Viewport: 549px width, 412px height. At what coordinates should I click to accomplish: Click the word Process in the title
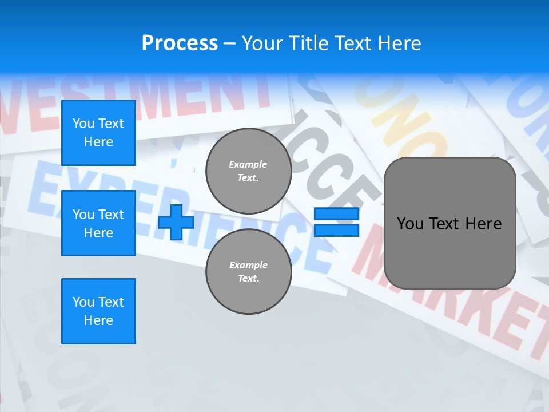click(x=180, y=43)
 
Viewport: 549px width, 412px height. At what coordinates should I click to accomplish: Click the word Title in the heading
click(x=309, y=43)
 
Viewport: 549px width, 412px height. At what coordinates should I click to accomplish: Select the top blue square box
click(x=98, y=133)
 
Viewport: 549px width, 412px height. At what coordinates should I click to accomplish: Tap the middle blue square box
click(x=98, y=223)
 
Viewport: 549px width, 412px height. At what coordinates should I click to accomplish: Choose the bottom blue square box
click(x=98, y=311)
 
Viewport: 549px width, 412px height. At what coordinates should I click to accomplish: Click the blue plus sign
click(x=176, y=222)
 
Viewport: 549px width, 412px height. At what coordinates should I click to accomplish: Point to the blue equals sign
click(x=336, y=222)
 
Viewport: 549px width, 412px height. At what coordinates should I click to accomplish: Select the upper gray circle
click(x=249, y=171)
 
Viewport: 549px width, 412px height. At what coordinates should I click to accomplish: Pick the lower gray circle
click(x=249, y=272)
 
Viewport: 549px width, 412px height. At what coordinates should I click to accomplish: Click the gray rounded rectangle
click(x=450, y=223)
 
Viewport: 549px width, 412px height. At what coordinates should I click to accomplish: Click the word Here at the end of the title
click(x=400, y=43)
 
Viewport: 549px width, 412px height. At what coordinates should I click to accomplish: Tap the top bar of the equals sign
click(x=336, y=214)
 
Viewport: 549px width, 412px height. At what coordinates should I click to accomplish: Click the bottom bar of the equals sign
click(x=336, y=230)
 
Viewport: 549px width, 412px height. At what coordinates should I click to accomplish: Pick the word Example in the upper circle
click(x=248, y=164)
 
